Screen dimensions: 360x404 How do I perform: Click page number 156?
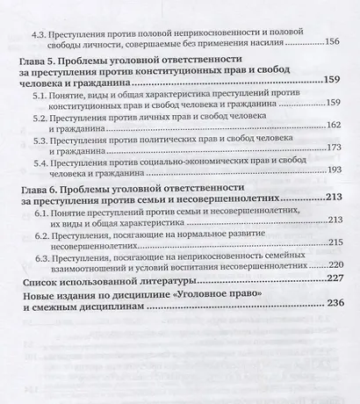coord(330,40)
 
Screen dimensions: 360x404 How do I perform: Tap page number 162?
coord(331,126)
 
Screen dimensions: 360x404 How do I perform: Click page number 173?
coord(331,149)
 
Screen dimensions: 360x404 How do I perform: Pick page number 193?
coord(331,171)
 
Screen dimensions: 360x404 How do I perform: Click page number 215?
coord(331,242)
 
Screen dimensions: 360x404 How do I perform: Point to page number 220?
coord(331,263)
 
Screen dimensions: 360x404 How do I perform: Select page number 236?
coord(329,314)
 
